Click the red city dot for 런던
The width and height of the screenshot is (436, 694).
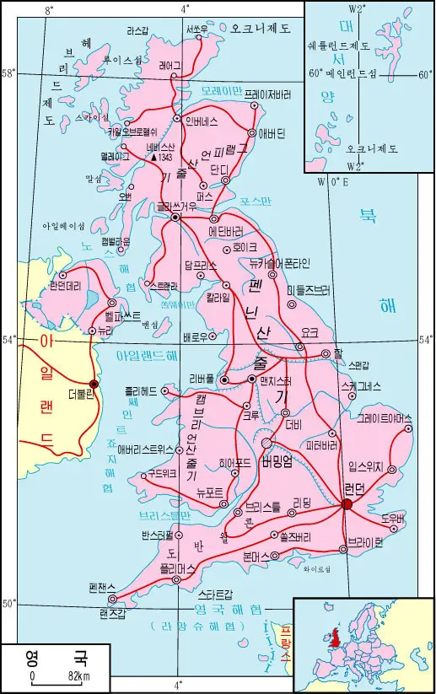coord(347,504)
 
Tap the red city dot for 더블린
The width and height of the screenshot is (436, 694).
coord(94,384)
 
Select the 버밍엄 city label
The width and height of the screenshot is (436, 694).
coord(277,460)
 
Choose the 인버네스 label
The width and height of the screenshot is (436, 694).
coord(204,119)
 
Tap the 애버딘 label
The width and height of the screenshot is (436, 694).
coord(272,133)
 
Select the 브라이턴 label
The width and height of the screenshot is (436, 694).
coord(365,541)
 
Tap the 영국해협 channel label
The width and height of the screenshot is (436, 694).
coord(228,609)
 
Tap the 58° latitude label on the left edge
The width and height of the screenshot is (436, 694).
coord(8,73)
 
